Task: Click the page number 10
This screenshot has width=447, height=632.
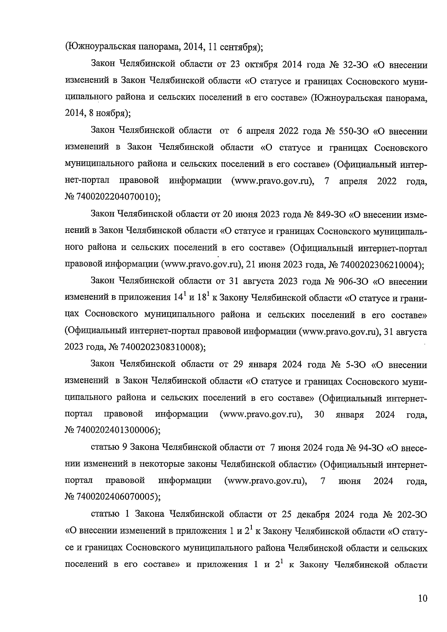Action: [422, 598]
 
